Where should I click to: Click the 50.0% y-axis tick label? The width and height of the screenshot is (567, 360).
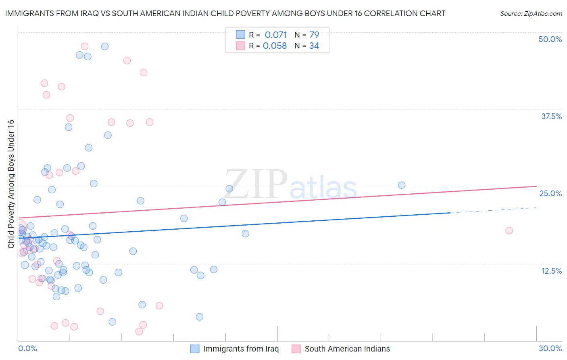click(550, 39)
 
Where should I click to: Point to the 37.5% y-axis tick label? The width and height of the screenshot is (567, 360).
click(551, 116)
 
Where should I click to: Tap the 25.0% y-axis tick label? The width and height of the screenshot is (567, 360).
click(550, 193)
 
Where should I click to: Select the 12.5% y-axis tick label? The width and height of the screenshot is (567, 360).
click(551, 271)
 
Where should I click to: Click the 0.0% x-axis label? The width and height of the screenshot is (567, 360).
click(27, 348)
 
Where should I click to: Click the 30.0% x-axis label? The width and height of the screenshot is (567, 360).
click(550, 348)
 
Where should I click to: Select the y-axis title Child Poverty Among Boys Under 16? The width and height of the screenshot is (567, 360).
click(11, 184)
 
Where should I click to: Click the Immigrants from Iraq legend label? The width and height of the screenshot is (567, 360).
click(241, 349)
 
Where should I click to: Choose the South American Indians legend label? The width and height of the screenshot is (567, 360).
click(347, 349)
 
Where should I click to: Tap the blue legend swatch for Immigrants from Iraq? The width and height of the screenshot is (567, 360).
click(195, 349)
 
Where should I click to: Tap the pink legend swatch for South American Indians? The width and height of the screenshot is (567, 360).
click(296, 349)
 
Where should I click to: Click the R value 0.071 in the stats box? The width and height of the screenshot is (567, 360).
click(276, 35)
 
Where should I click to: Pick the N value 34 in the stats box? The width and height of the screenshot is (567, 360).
click(314, 46)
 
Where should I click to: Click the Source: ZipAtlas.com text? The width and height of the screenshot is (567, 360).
click(531, 13)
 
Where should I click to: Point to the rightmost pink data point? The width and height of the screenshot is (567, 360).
click(509, 230)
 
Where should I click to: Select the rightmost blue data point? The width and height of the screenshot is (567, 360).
click(402, 185)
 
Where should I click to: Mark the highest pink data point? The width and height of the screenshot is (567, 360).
click(85, 46)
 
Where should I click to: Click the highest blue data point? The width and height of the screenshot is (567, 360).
click(105, 46)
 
